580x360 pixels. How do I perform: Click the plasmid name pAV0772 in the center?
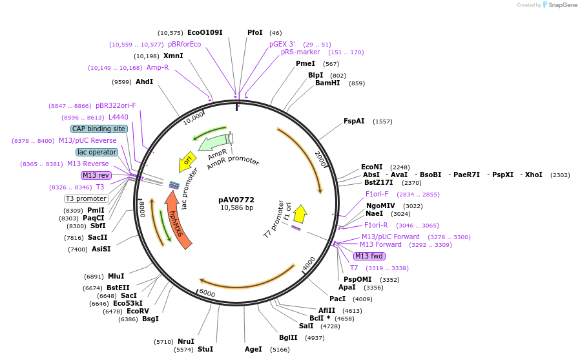236,200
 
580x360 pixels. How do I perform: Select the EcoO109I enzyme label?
205,32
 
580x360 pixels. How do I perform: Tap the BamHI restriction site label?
327,83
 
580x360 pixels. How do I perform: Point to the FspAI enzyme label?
354,121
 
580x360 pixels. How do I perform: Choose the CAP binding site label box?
99,129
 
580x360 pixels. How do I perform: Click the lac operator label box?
97,152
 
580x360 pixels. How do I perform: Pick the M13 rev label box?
96,175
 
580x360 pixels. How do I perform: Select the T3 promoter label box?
86,198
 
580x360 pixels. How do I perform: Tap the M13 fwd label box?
369,256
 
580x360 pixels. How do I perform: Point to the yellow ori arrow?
187,160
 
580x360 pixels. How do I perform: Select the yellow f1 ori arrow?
300,214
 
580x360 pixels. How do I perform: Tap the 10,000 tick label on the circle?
193,118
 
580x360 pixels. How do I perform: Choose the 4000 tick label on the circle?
309,263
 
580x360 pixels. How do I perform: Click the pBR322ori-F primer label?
116,105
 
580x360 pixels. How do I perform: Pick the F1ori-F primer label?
377,194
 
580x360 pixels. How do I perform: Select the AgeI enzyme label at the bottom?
253,349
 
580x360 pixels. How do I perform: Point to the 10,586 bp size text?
236,207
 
